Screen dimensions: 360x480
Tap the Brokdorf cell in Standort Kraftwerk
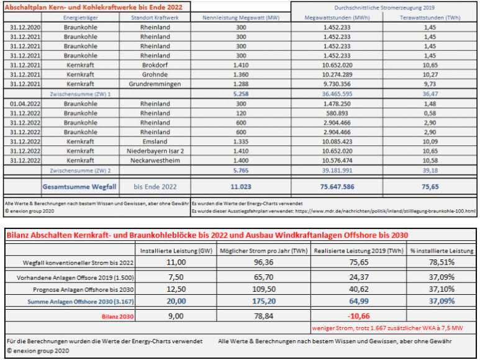click(155, 65)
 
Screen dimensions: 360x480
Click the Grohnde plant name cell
click(155, 74)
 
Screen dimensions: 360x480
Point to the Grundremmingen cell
click(155, 83)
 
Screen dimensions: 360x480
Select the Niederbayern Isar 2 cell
click(155, 151)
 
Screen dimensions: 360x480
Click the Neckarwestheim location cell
click(155, 160)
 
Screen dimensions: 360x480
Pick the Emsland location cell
click(155, 142)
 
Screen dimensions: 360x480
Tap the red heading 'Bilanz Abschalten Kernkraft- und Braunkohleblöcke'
click(205, 235)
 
